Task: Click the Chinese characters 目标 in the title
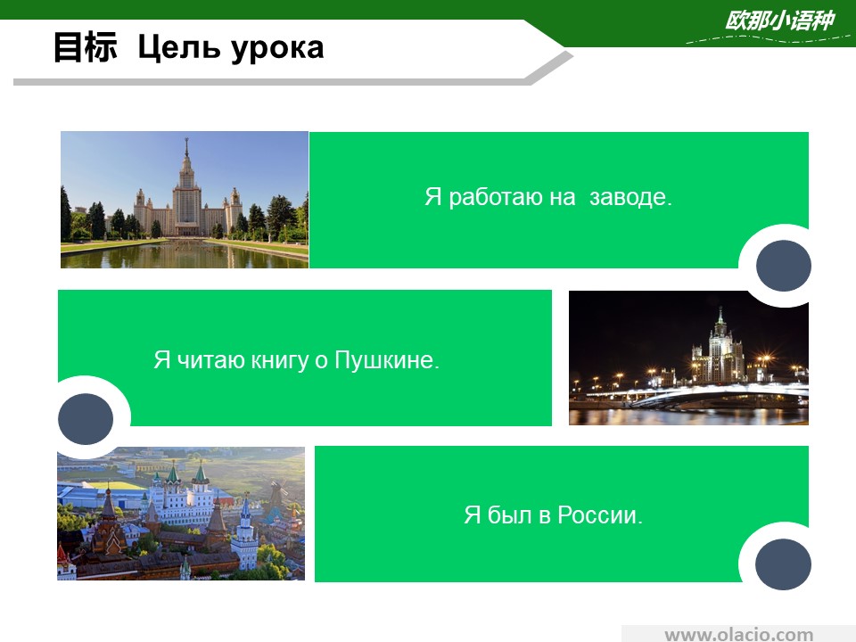(86, 47)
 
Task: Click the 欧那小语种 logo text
(779, 21)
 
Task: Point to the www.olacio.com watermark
(738, 634)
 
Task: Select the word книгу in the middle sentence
(279, 361)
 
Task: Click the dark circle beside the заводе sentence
(784, 266)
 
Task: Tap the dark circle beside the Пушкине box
(86, 419)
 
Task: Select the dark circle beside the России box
(784, 564)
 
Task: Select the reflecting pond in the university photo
(184, 254)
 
